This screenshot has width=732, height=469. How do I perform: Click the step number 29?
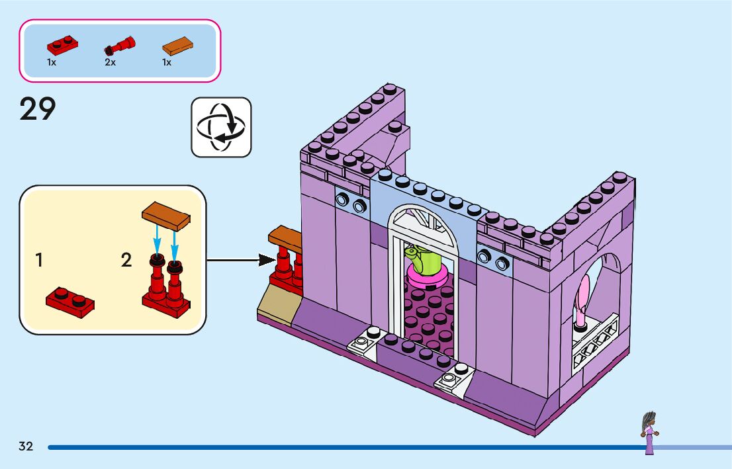tap(38, 109)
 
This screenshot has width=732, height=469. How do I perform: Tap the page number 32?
tap(26, 447)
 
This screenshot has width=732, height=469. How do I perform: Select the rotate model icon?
tap(221, 127)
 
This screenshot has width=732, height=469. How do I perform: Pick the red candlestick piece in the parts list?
tap(120, 47)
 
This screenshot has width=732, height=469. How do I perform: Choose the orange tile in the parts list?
tap(178, 46)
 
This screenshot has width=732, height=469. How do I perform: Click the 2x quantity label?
tap(110, 62)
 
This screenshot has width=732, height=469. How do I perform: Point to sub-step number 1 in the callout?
tap(39, 261)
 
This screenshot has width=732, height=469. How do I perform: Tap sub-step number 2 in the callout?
tap(126, 261)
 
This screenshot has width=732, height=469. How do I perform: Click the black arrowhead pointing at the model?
tap(267, 260)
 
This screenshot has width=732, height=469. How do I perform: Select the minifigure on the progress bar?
tap(649, 433)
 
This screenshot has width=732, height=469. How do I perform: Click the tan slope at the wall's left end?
tap(278, 308)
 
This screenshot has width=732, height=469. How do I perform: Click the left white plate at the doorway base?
tap(362, 341)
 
